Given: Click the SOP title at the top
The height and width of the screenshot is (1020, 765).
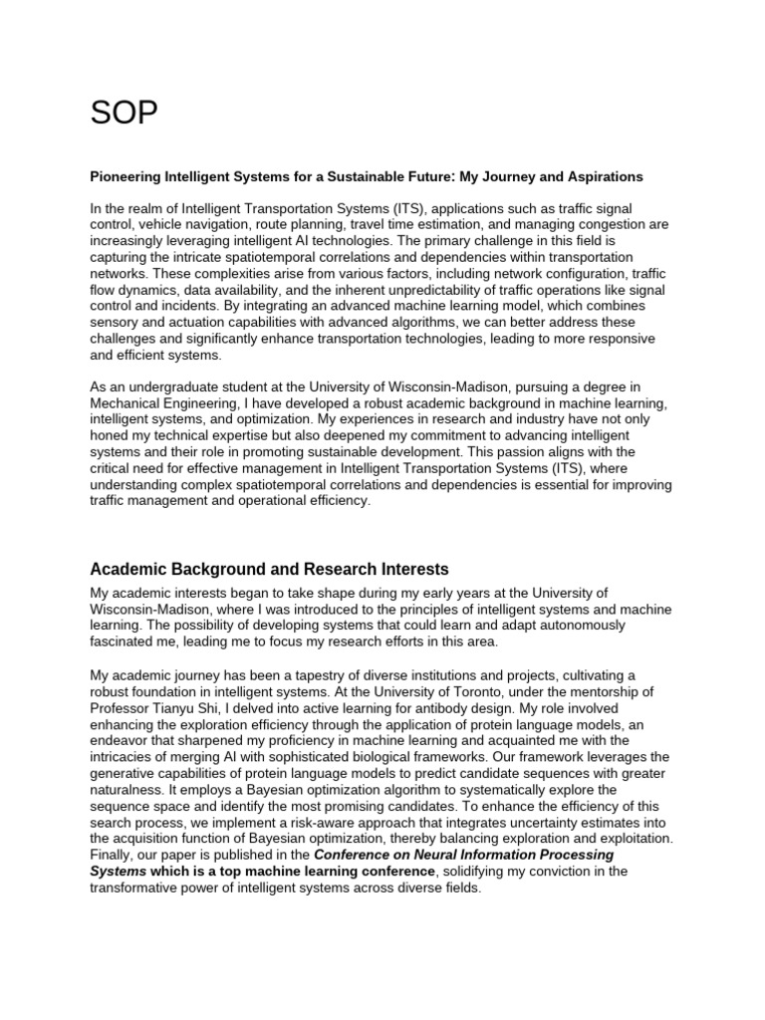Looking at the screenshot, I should tap(125, 115).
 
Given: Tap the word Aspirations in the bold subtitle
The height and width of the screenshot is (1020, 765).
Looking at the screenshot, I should tap(604, 176).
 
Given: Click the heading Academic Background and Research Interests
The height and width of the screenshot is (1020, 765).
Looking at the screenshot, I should tap(269, 570).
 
